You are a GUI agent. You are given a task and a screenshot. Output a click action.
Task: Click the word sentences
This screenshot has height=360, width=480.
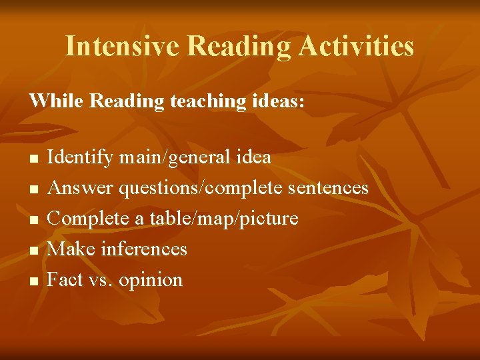[328, 189]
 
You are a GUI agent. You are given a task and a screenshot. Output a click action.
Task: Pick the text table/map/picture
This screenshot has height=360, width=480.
[223, 219]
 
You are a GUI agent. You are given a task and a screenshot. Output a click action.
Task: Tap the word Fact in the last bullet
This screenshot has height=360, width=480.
[65, 279]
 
